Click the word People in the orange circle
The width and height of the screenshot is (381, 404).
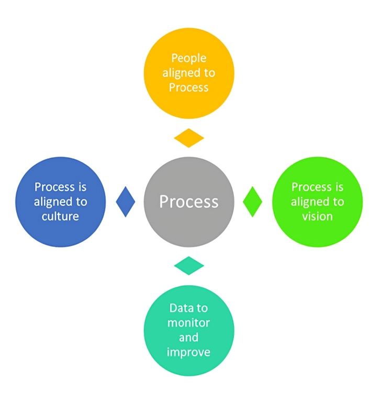coord(188,58)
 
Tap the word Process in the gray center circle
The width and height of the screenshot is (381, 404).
coord(189,201)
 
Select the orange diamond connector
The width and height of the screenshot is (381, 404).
coord(189,138)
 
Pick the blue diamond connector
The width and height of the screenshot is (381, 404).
coord(125,201)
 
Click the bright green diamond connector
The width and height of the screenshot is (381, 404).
coord(253,201)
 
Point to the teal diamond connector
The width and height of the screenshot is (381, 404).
coord(189,265)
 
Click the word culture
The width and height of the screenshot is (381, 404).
coord(61,216)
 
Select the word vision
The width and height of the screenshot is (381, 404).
coord(317,216)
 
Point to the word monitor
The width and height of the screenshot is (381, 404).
coord(188,322)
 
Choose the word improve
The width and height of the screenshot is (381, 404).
coord(188,352)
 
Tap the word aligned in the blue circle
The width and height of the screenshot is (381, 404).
coord(54,201)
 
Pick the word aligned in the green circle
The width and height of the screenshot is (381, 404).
coord(311,201)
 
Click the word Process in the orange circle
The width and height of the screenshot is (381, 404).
coord(188,87)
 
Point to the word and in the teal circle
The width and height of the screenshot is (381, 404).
coord(188,337)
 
